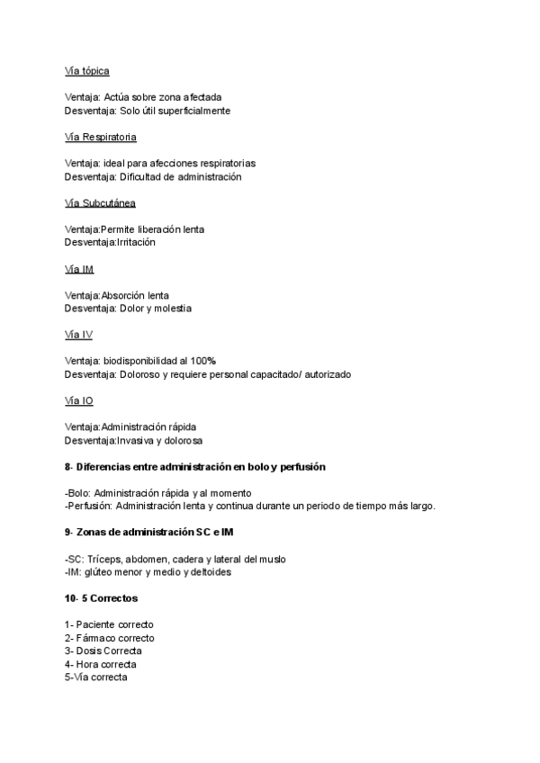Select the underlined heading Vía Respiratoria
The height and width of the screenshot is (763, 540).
pos(101,137)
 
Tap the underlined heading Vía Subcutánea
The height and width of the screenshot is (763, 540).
pos(100,203)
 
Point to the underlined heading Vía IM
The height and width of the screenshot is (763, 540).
pos(79,269)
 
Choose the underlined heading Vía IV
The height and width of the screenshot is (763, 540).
pos(78,335)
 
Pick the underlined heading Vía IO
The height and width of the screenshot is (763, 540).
pos(79,401)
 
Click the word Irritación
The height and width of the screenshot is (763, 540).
pos(136,243)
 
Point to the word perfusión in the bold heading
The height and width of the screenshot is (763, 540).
pos(302,468)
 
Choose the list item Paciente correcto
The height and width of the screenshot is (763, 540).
pos(114,624)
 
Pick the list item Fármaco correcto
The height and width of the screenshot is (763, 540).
pos(114,638)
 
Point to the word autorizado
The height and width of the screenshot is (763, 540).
pos(327,374)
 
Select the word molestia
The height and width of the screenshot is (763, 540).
pos(172,309)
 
